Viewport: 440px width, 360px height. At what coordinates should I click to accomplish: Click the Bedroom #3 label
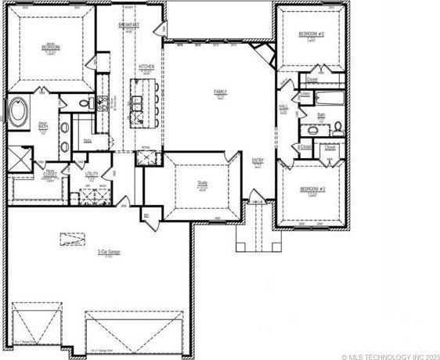311,34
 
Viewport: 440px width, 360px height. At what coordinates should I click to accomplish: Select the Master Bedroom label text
52,45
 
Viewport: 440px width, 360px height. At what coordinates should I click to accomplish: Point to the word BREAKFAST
129,25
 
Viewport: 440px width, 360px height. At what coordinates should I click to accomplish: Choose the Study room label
202,184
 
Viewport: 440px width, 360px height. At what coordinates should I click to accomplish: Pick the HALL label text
283,107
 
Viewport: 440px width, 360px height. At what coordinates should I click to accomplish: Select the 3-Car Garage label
108,252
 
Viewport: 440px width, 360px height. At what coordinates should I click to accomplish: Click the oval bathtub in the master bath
17,111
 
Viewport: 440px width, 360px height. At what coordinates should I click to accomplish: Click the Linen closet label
305,94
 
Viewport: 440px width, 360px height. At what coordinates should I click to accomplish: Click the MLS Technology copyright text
388,355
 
